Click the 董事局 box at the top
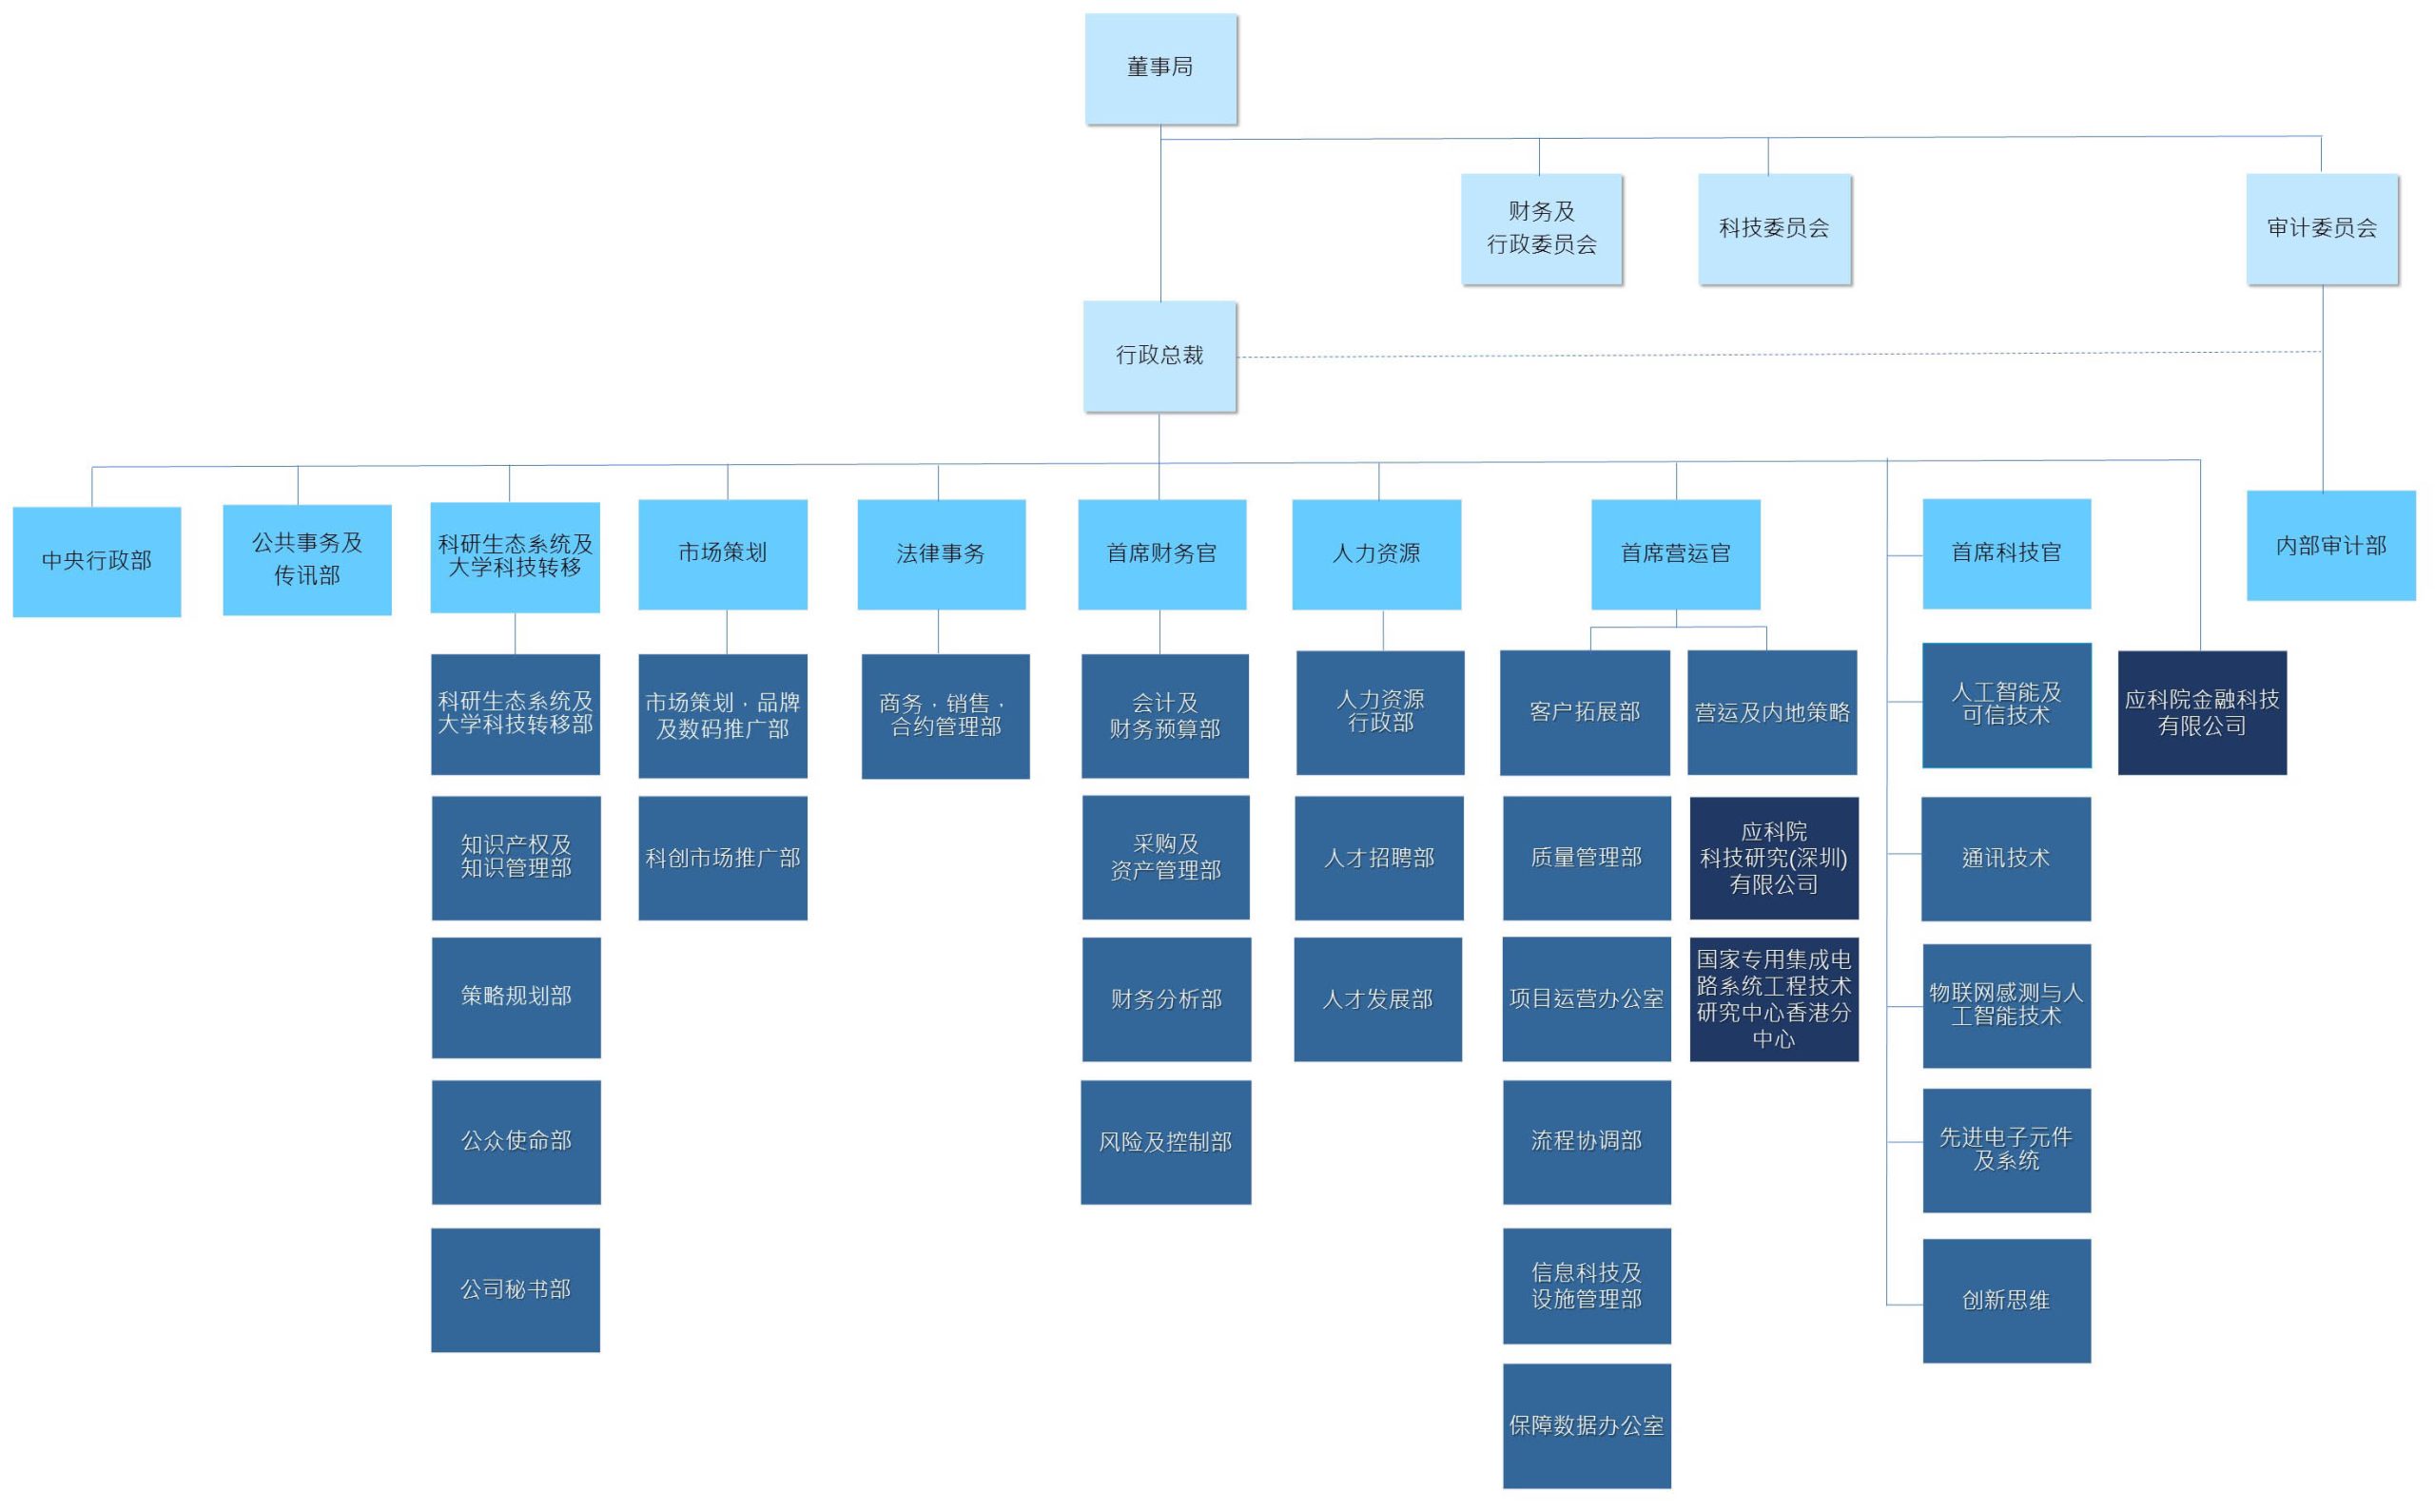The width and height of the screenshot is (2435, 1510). pyautogui.click(x=1160, y=68)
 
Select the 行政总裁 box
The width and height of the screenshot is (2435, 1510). pyautogui.click(x=1159, y=357)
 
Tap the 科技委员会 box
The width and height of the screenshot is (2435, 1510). pyautogui.click(x=1774, y=229)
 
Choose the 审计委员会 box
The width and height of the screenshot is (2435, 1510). pyautogui.click(x=2322, y=229)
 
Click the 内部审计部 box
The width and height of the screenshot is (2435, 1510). pyautogui.click(x=2331, y=545)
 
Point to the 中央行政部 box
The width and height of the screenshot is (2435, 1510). pyautogui.click(x=97, y=561)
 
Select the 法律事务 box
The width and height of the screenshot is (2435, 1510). pyautogui.click(x=941, y=554)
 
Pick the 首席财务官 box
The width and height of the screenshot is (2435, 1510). pyautogui.click(x=1161, y=554)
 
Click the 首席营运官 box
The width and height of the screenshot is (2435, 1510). pyautogui.click(x=1675, y=554)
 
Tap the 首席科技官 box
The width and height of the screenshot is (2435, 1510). pyautogui.click(x=2007, y=553)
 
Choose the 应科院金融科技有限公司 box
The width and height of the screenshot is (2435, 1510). pyautogui.click(x=2202, y=712)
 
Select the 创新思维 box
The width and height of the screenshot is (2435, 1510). pyautogui.click(x=2007, y=1300)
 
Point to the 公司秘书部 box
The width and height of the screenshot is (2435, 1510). pyautogui.click(x=516, y=1289)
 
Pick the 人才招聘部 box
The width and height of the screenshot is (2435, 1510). pyautogui.click(x=1379, y=857)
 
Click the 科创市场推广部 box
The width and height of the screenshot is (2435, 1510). pyautogui.click(x=723, y=857)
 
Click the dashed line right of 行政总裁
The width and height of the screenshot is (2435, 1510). pyautogui.click(x=1780, y=355)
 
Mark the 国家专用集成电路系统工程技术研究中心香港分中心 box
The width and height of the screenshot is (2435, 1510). pyautogui.click(x=1774, y=998)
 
